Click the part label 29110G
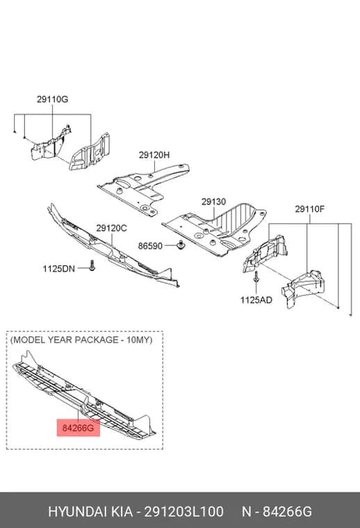53,99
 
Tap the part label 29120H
154,155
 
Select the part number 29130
214,201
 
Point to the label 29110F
310,209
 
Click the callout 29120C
111,229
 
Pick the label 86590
150,246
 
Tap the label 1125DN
58,269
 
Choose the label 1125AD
256,299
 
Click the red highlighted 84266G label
78,428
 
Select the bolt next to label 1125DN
92,265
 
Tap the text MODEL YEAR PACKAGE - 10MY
81,340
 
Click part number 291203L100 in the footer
184,511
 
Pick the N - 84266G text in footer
277,511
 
